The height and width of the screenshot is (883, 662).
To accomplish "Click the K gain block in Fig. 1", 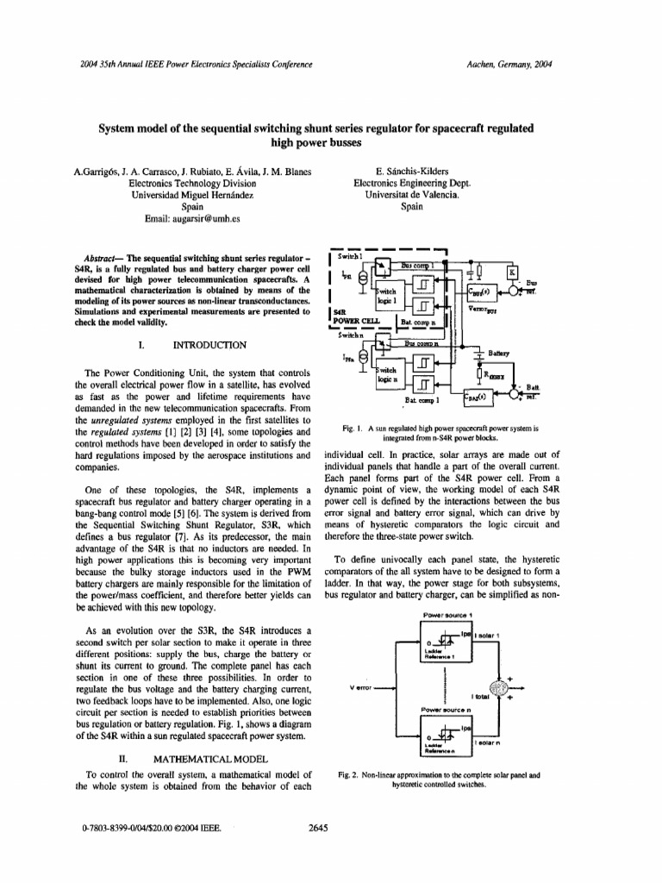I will [x=513, y=272].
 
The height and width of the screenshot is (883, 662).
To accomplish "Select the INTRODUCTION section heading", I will [x=210, y=345].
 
